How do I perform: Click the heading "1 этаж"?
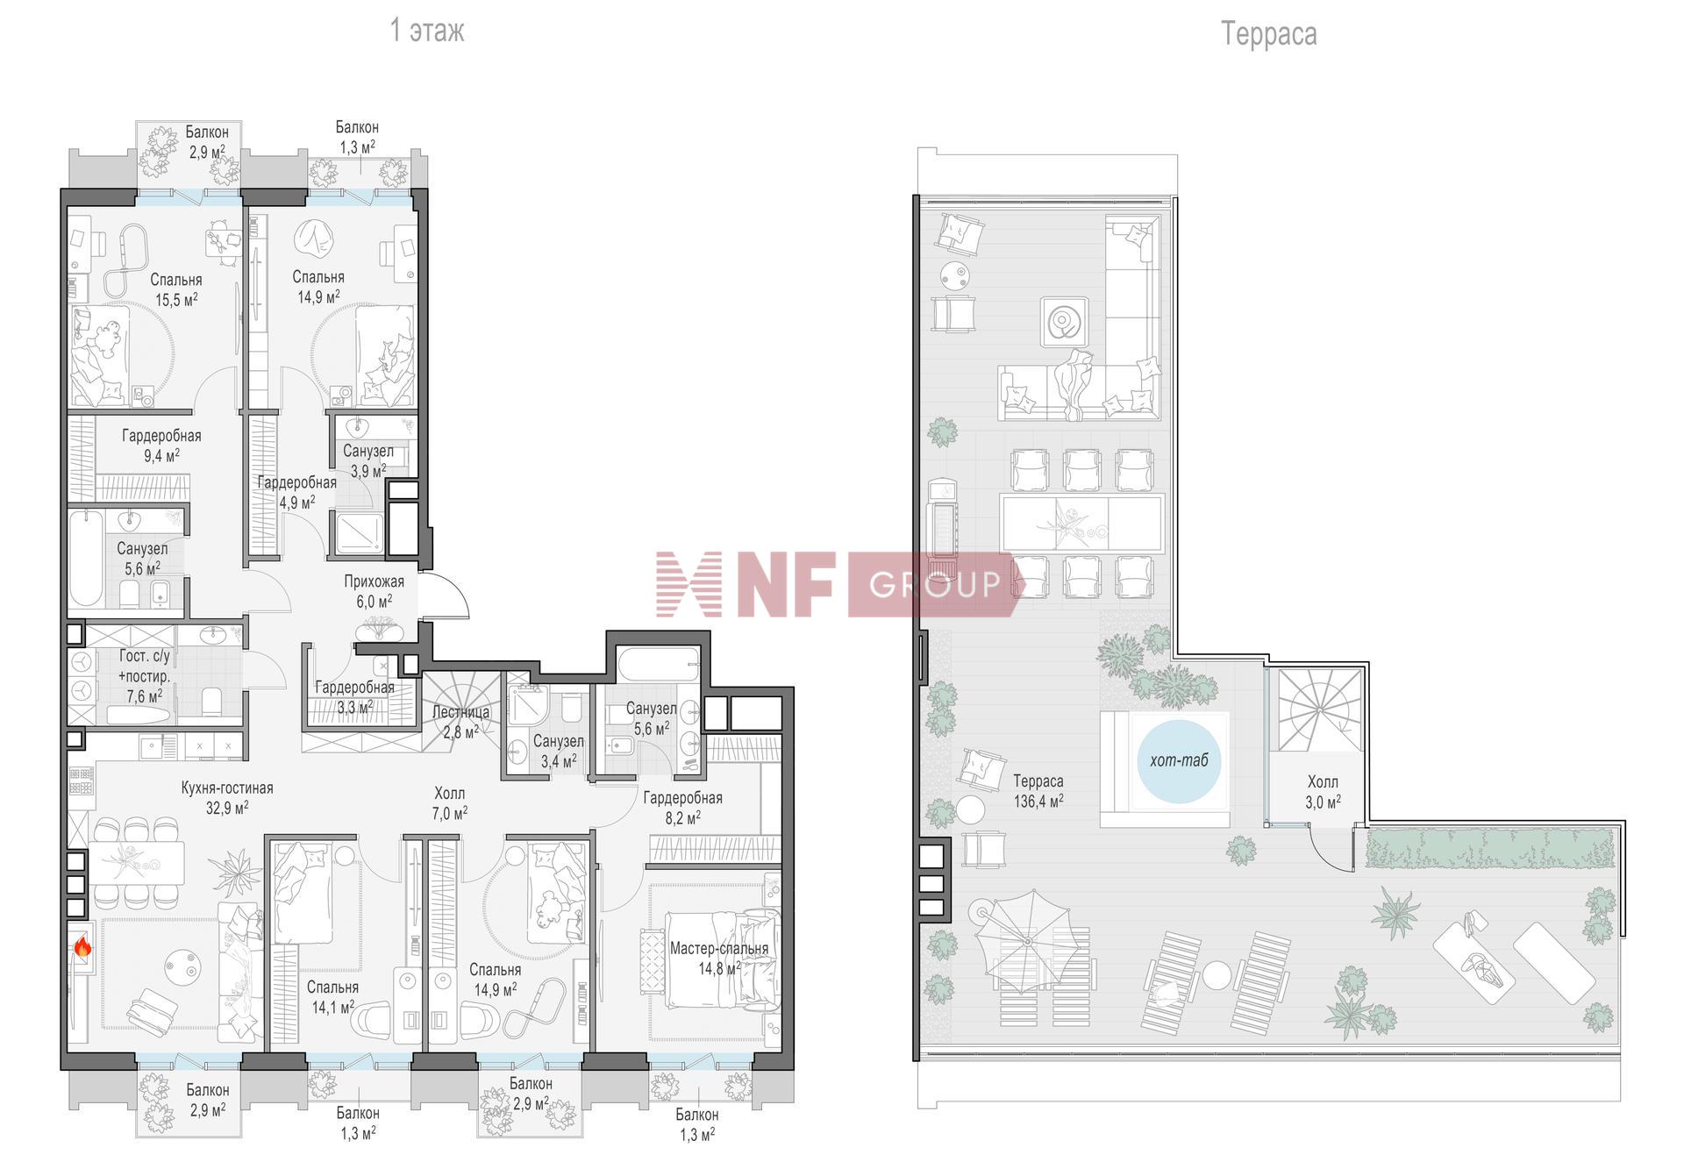click(427, 31)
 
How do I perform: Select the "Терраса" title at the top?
click(1268, 33)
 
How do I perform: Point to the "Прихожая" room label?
click(374, 581)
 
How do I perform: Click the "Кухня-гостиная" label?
click(227, 788)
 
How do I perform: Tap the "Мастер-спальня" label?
click(719, 948)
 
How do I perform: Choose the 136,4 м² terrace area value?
click(1038, 801)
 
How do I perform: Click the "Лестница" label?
click(461, 712)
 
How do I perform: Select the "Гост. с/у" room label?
click(145, 656)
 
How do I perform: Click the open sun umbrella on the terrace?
click(1030, 940)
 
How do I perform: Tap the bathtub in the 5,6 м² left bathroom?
click(86, 559)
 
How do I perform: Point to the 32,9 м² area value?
click(227, 808)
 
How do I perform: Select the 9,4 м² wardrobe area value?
click(161, 455)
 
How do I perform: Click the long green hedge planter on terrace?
click(1489, 848)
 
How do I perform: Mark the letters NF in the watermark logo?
click(785, 584)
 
